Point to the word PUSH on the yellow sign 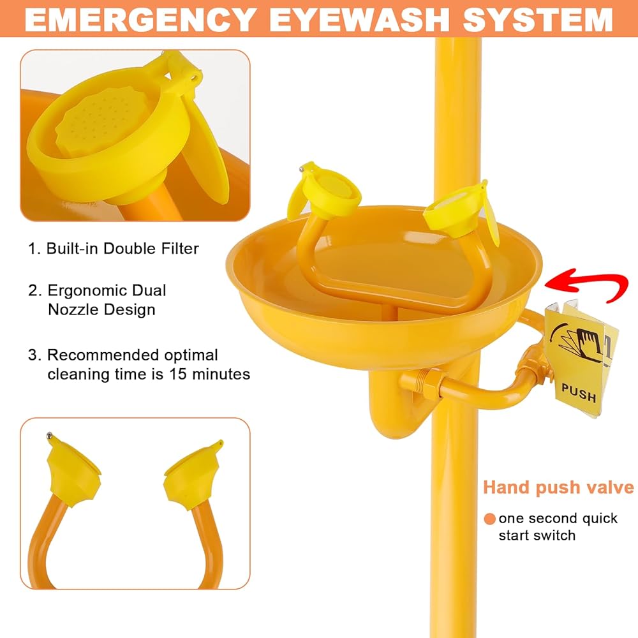pyautogui.click(x=579, y=392)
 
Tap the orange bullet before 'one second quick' pyautogui.click(x=489, y=519)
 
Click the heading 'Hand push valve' pyautogui.click(x=558, y=487)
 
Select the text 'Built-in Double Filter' pyautogui.click(x=122, y=249)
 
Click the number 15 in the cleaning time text pyautogui.click(x=177, y=374)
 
